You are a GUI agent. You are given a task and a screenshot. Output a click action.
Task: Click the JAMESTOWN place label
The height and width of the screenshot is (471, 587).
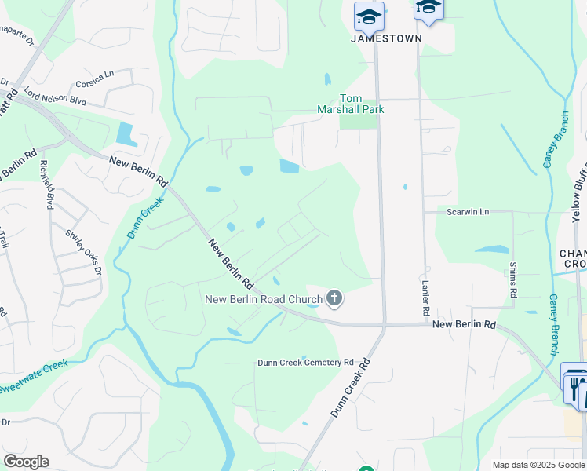click(x=386, y=38)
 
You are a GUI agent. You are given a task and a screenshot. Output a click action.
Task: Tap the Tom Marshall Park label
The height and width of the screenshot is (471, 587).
click(x=350, y=104)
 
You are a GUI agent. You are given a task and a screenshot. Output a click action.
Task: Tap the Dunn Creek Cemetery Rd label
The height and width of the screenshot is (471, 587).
click(x=306, y=363)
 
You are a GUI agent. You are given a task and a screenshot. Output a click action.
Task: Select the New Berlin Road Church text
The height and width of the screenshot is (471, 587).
click(x=264, y=299)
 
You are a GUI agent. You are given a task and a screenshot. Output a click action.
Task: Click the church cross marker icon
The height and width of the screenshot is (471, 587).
click(x=334, y=298)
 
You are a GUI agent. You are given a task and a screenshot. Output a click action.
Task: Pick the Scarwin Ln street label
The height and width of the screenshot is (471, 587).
click(x=467, y=212)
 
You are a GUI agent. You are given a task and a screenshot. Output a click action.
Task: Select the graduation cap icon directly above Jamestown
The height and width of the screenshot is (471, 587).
click(x=369, y=16)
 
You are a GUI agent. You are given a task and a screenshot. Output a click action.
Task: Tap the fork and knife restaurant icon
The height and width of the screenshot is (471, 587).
click(x=574, y=387)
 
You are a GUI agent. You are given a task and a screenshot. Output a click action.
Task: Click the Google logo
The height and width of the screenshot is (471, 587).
click(x=26, y=462)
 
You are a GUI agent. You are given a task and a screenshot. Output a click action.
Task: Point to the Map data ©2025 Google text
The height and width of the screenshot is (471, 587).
click(x=538, y=466)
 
